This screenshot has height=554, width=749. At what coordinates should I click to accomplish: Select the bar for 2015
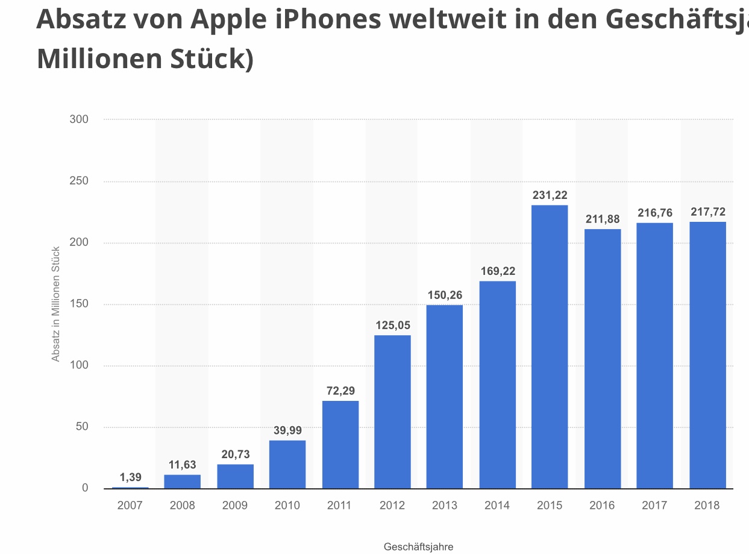click(550, 347)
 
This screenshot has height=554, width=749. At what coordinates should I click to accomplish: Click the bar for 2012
click(392, 412)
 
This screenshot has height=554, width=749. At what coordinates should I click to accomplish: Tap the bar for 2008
click(182, 482)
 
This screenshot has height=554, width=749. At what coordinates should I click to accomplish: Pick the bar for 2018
click(707, 355)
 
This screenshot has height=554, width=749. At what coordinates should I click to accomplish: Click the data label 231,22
click(550, 195)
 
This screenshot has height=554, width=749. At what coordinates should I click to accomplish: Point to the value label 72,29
click(340, 391)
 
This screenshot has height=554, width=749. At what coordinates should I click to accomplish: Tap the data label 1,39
click(130, 477)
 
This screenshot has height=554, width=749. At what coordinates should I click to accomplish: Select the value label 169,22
click(498, 271)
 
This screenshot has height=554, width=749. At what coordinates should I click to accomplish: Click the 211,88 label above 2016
click(603, 219)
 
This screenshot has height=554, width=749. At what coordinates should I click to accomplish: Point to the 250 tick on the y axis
click(79, 181)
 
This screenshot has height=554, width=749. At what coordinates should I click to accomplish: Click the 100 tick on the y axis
click(79, 365)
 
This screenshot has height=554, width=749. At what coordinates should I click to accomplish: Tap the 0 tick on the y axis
click(85, 488)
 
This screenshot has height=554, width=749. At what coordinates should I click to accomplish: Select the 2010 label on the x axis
click(287, 506)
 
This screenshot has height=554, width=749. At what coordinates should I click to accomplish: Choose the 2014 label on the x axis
click(497, 506)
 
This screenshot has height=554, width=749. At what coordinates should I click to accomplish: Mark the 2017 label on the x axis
click(654, 506)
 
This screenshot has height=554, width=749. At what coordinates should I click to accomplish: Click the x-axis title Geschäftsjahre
click(418, 547)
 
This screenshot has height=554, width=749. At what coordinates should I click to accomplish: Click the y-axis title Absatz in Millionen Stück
click(56, 304)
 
